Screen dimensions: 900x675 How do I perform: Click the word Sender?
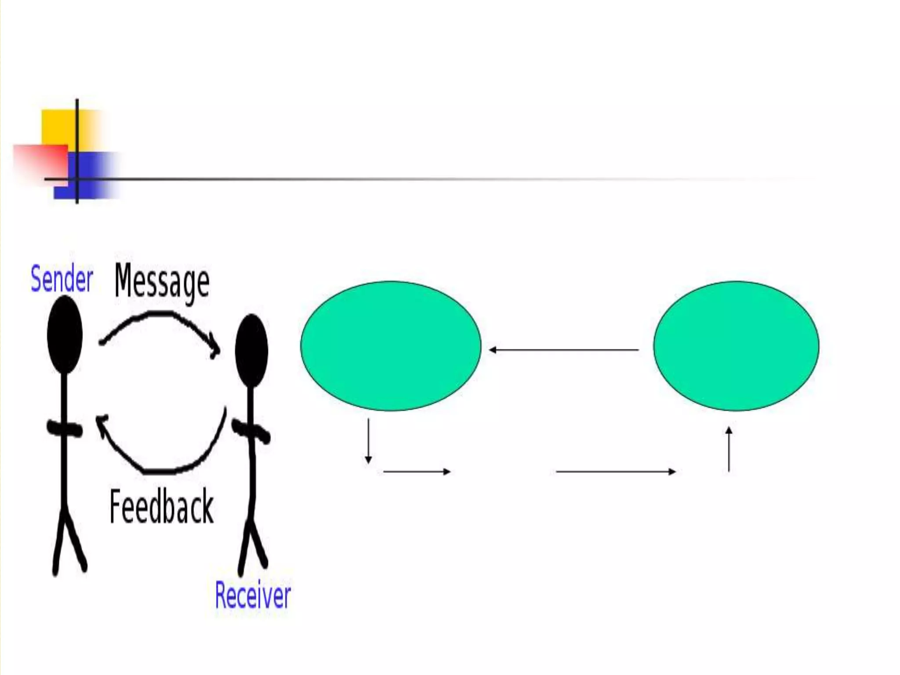point(62,279)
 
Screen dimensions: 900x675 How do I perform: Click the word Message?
point(162,281)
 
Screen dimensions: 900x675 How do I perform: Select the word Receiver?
point(253,595)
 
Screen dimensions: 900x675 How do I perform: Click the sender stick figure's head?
point(65,334)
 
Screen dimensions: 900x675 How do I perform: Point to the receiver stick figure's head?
point(251,351)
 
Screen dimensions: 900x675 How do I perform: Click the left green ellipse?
point(391,346)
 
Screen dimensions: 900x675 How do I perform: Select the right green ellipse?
point(736,346)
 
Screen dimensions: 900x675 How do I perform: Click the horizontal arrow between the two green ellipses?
point(564,350)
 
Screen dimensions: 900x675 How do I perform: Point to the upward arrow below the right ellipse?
point(729,449)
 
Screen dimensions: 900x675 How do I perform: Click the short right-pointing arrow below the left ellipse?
point(417,472)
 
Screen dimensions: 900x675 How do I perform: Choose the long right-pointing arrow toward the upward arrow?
point(615,472)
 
